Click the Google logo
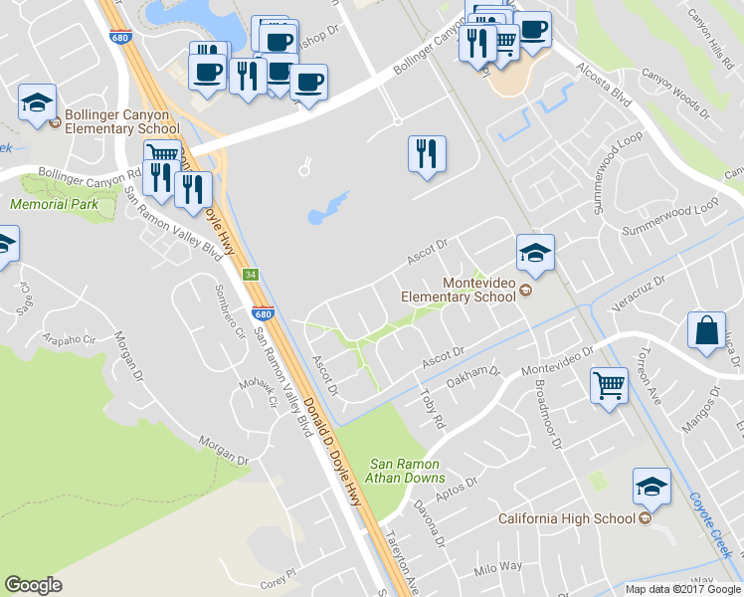pyautogui.click(x=34, y=585)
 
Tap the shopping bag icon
pyautogui.click(x=705, y=333)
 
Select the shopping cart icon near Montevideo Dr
pyautogui.click(x=609, y=385)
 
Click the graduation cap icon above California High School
pyautogui.click(x=651, y=488)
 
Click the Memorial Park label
pyautogui.click(x=48, y=204)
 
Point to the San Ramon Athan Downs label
pyautogui.click(x=408, y=471)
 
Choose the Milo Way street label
pyautogui.click(x=497, y=567)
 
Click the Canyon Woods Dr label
pyautogui.click(x=677, y=97)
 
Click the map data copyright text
pyautogui.click(x=682, y=589)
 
